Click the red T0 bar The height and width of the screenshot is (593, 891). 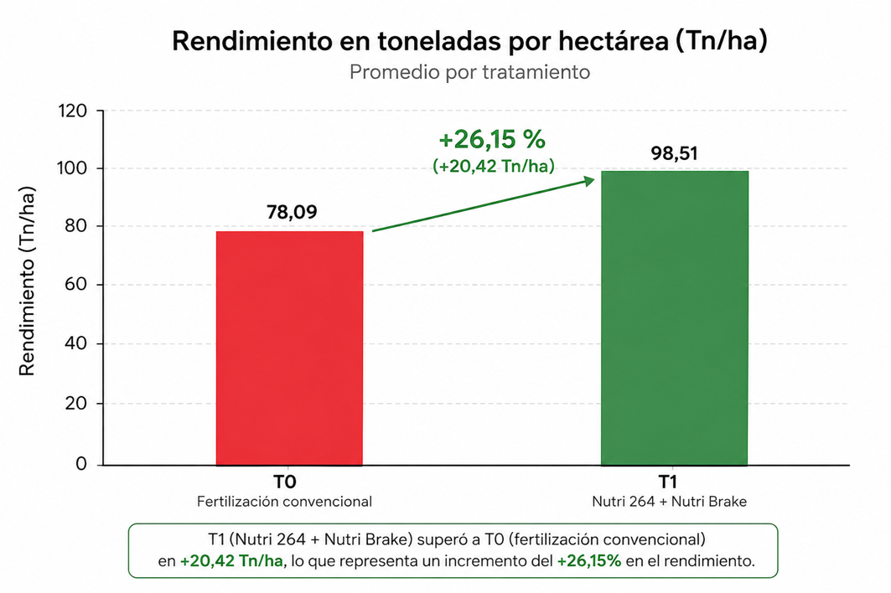[x=289, y=348]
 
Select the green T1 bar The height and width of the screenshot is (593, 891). [x=675, y=318]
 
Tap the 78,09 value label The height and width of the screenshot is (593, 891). [x=292, y=212]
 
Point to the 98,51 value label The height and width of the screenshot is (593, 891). [x=675, y=153]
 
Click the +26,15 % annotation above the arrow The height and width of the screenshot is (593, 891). [x=492, y=139]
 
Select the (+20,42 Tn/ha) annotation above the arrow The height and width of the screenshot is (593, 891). [x=493, y=166]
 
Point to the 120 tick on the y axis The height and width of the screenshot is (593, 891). [x=72, y=111]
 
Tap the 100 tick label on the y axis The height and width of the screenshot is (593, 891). [x=72, y=168]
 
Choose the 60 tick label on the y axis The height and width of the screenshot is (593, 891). [x=75, y=284]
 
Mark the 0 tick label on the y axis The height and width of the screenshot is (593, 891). [x=81, y=464]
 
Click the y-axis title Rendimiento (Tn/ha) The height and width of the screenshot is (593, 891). [x=27, y=281]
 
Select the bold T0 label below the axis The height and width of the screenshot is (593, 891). [x=285, y=482]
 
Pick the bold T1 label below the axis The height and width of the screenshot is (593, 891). [x=668, y=482]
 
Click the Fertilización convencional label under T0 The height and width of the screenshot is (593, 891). [x=285, y=502]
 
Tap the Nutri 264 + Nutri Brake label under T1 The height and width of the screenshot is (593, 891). [x=670, y=502]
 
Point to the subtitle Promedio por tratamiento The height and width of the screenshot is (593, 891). [x=469, y=72]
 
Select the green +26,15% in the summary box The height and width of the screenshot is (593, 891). [x=589, y=561]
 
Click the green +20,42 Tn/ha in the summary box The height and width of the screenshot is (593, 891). [x=231, y=561]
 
